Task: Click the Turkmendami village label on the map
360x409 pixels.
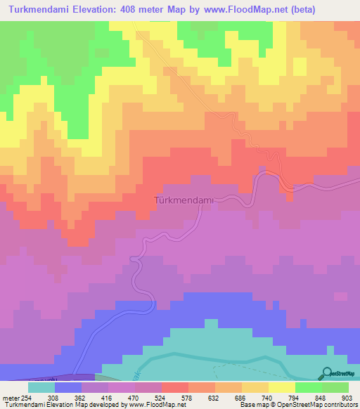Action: [x=183, y=200]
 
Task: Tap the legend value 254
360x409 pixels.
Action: [x=29, y=397]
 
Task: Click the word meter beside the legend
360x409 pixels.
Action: [x=11, y=397]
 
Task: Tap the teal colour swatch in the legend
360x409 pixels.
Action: [x=41, y=387]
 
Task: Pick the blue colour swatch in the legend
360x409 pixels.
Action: [x=68, y=387]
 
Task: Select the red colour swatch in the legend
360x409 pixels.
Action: [x=175, y=387]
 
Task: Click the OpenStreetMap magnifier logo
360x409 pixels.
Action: [x=327, y=374]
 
